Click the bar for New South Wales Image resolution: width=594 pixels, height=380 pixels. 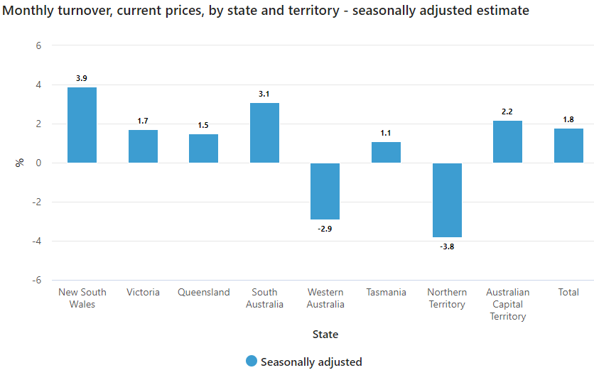(x=82, y=125)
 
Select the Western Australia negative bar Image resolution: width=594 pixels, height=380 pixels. (x=325, y=191)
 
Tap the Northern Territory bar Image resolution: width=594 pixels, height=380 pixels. (x=447, y=200)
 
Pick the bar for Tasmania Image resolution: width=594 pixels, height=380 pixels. (x=386, y=152)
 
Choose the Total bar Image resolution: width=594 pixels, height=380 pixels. (x=568, y=146)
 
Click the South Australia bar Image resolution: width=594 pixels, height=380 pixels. (x=264, y=133)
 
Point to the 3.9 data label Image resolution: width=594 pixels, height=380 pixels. (x=82, y=78)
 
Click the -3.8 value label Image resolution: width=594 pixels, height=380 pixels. (x=447, y=247)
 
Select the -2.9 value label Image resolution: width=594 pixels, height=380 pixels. (x=325, y=229)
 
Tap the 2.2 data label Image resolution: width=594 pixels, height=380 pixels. (x=507, y=112)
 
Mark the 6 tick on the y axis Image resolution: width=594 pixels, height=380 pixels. (x=38, y=45)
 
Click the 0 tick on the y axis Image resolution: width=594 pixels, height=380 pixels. (x=38, y=163)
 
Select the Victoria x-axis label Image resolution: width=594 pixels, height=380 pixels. (x=143, y=292)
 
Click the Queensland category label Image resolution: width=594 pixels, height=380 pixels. (x=204, y=292)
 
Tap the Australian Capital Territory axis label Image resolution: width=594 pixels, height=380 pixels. (x=507, y=304)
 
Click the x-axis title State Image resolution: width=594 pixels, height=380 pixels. (x=325, y=334)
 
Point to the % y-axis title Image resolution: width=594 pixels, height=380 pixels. (x=19, y=163)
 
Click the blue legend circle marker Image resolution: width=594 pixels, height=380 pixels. (x=251, y=362)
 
